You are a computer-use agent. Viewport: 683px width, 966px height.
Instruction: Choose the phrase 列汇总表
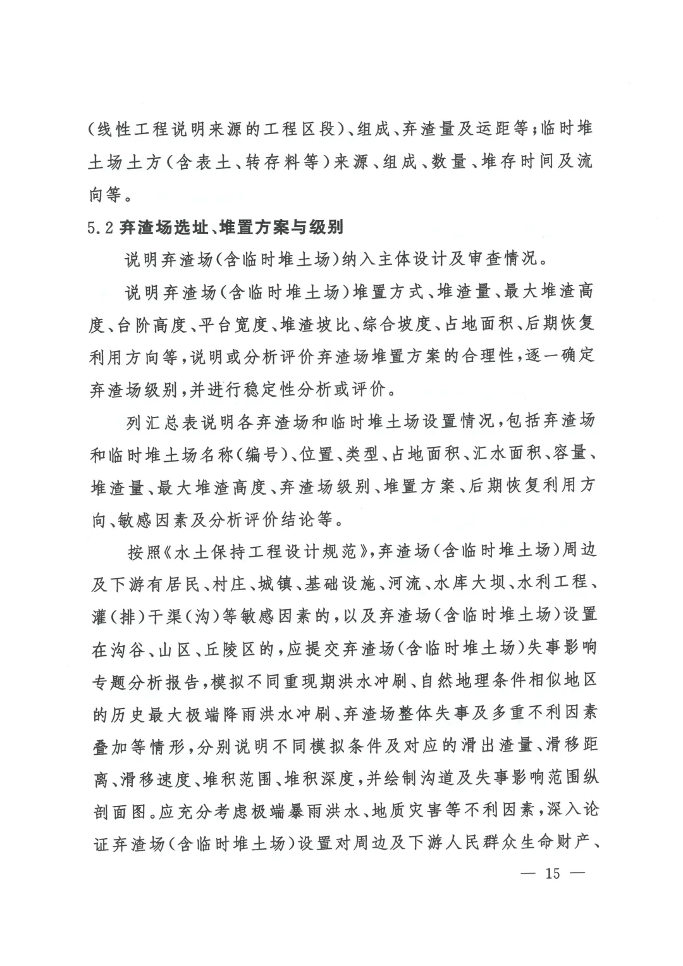pos(164,421)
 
